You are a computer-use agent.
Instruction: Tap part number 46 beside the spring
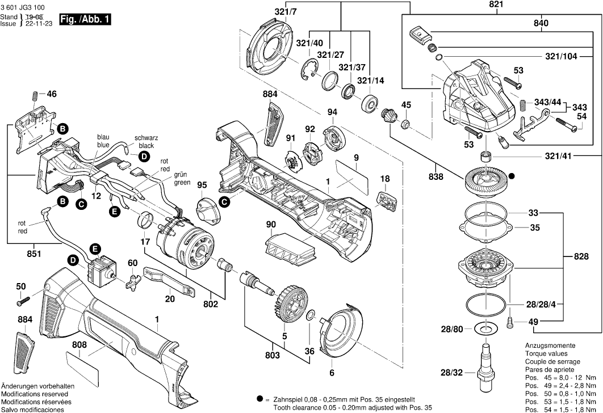point(52,94)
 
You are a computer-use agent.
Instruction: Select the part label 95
point(202,185)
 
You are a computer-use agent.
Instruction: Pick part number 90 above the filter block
point(271,225)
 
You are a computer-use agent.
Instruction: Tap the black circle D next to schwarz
point(144,156)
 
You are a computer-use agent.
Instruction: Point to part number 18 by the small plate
point(385,179)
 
